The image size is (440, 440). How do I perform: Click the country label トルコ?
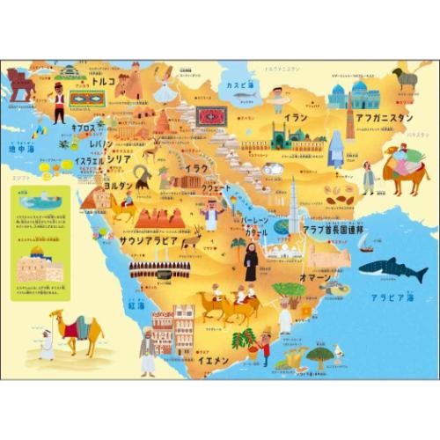104,81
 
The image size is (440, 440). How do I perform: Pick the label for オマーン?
315,277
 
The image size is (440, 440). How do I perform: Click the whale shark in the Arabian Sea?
392,268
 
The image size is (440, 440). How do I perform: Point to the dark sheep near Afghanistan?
406,77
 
